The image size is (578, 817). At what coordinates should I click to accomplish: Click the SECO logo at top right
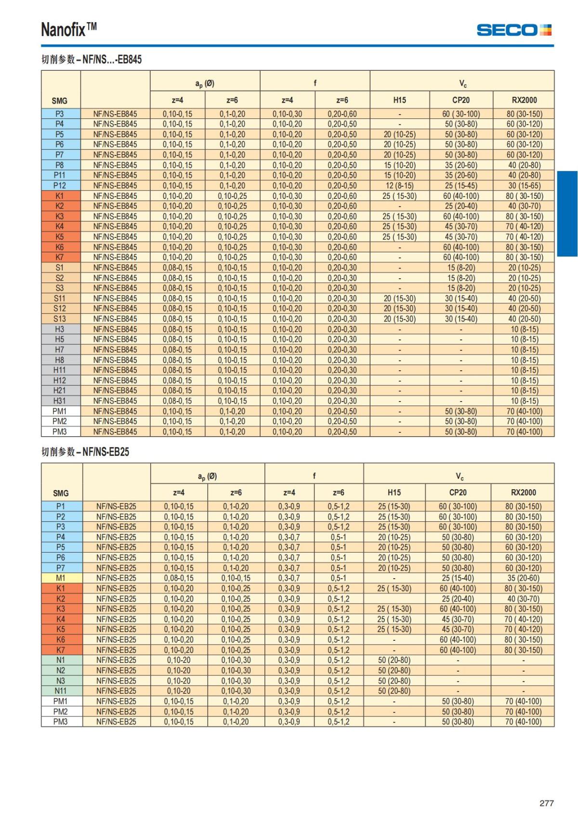[513, 30]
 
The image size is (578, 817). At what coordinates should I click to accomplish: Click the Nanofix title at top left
[69, 30]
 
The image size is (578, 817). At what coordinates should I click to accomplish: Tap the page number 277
[546, 803]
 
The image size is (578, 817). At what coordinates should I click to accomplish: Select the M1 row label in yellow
[61, 578]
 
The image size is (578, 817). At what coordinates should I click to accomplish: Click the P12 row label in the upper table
[60, 185]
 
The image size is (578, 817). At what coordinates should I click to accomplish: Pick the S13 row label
[60, 319]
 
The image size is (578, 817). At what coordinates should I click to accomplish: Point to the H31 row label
[60, 401]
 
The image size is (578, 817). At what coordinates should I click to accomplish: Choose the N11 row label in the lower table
[61, 691]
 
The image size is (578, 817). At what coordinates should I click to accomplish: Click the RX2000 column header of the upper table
[524, 100]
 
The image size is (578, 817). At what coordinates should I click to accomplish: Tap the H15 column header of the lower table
[394, 493]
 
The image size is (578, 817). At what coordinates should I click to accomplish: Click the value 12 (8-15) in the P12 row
[399, 185]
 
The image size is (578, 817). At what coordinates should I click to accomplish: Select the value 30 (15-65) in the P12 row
[524, 185]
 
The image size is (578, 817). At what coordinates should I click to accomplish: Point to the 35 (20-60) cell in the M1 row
[523, 578]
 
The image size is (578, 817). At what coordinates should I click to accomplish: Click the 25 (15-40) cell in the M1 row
[458, 578]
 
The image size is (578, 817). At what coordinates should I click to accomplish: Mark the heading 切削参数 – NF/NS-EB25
[85, 452]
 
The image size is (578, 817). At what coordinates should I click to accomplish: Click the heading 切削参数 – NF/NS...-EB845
[92, 59]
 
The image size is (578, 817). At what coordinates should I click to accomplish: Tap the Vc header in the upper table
[462, 83]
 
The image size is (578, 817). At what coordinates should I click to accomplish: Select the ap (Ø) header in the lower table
[207, 476]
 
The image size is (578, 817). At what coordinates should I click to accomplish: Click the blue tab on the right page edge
[567, 214]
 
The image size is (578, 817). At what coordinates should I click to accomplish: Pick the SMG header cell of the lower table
[61, 493]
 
